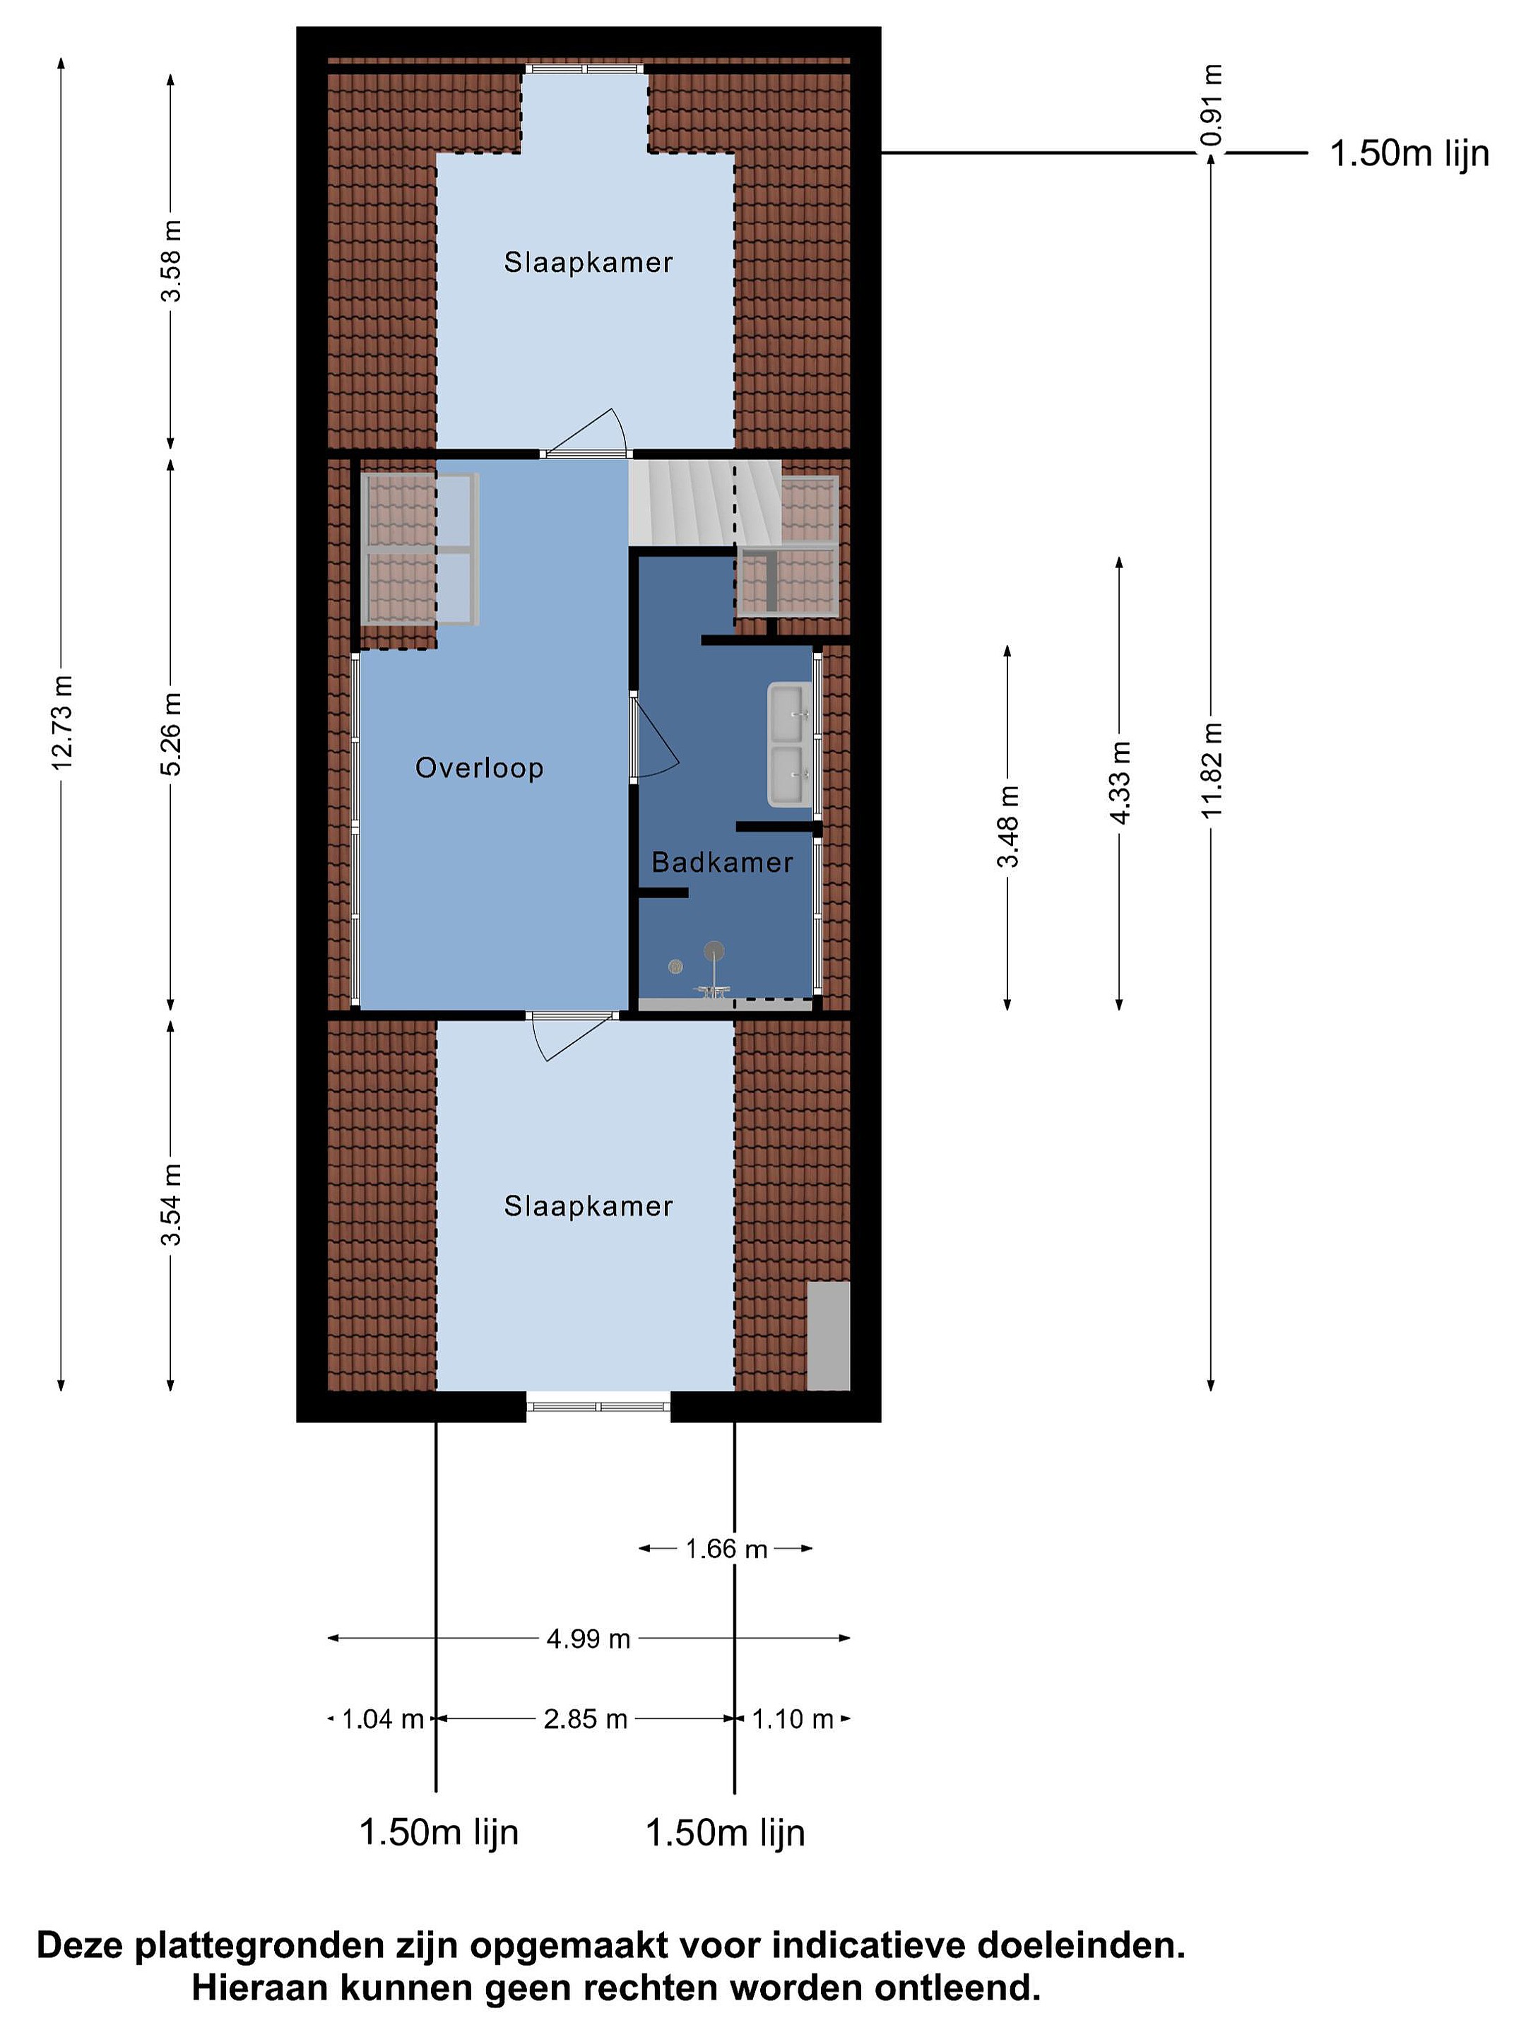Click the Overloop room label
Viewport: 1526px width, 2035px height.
(478, 767)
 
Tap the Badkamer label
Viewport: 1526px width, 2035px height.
(722, 862)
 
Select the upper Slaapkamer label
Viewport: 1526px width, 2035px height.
(588, 262)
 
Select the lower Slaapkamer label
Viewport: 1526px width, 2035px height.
(588, 1205)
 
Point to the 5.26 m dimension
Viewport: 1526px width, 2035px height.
(171, 733)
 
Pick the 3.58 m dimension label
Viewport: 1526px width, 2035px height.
(171, 260)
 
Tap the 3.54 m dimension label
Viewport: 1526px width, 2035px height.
(171, 1204)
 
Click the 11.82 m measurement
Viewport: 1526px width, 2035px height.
(1212, 770)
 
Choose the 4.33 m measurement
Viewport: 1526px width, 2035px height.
(1120, 782)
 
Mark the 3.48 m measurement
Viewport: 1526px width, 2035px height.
(1008, 826)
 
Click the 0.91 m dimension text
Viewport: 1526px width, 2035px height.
(1212, 105)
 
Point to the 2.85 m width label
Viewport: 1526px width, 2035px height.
(585, 1718)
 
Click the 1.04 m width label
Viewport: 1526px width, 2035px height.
(383, 1718)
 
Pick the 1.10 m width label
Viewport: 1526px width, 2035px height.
(793, 1718)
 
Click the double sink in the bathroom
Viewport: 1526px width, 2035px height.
(790, 744)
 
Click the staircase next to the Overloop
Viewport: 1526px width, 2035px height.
(704, 502)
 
